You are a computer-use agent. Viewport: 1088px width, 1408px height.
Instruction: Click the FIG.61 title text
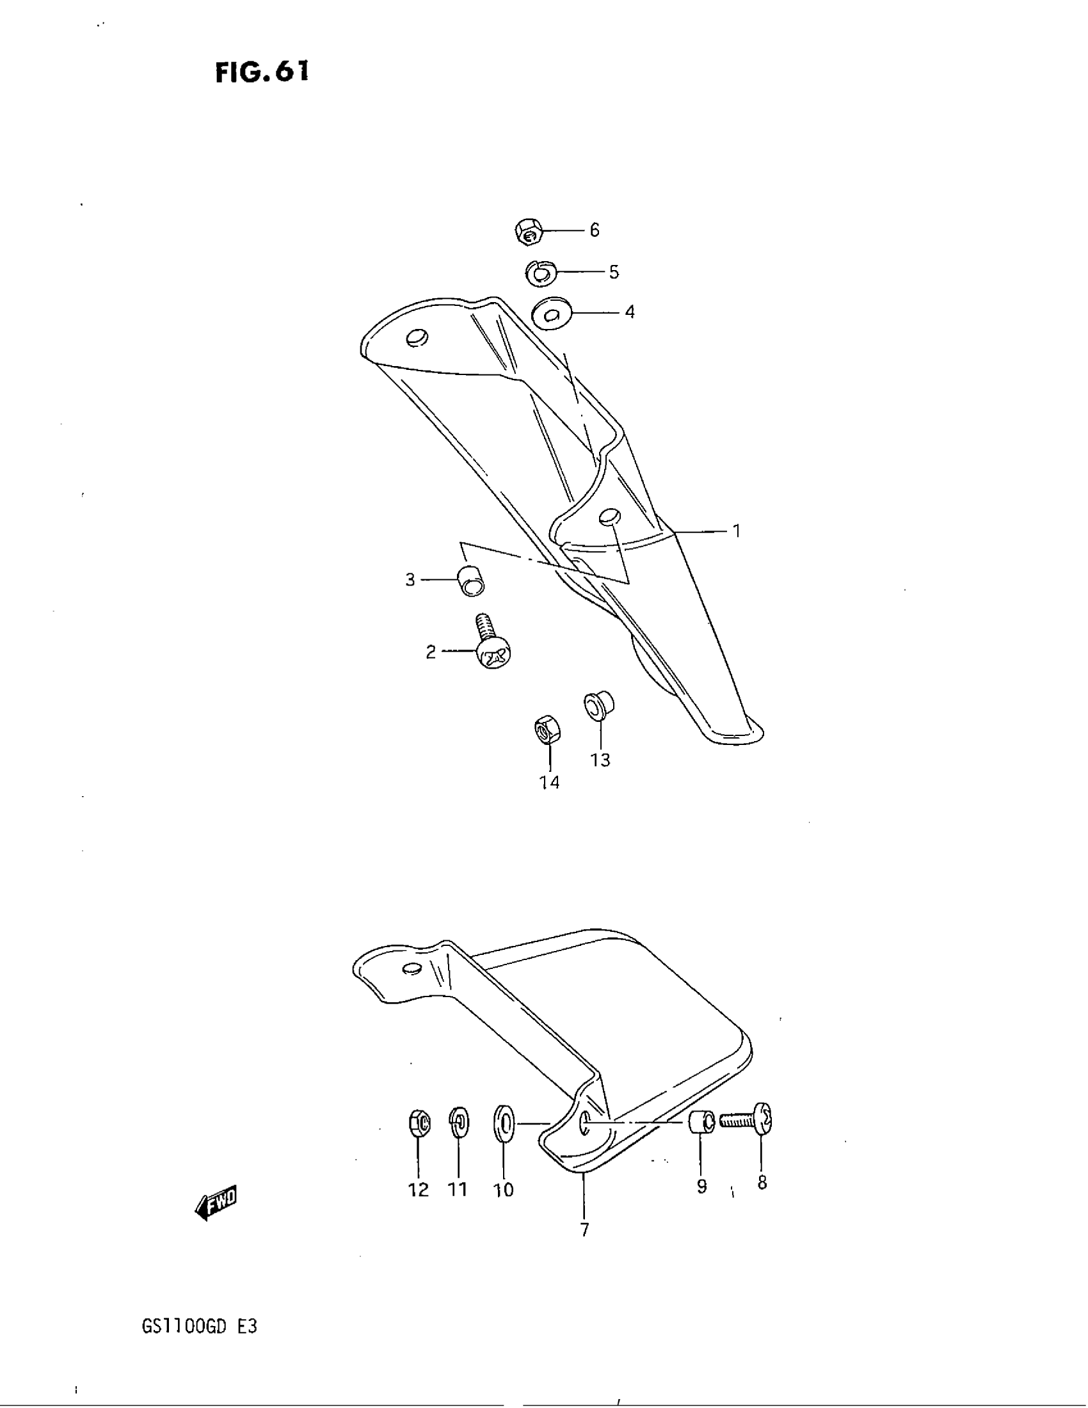(x=262, y=72)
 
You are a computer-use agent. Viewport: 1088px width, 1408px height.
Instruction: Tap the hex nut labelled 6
(x=529, y=232)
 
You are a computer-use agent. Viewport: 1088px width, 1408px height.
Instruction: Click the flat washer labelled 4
(x=550, y=314)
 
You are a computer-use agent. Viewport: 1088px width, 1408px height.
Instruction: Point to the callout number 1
(x=736, y=531)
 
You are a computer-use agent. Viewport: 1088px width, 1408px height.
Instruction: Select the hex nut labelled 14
(x=547, y=730)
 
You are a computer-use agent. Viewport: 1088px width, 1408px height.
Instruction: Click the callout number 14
(x=549, y=782)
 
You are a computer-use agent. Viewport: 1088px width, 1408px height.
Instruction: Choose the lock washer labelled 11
(x=459, y=1123)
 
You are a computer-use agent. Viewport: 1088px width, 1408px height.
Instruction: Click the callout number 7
(x=584, y=1229)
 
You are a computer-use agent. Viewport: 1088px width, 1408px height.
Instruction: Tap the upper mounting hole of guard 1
(x=418, y=337)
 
